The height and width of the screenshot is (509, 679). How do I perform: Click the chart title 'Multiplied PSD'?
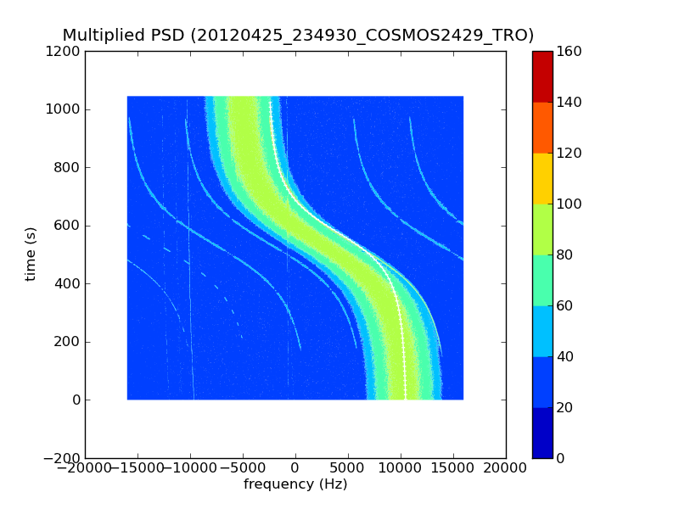[123, 36]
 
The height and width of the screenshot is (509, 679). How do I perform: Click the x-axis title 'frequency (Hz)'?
[295, 484]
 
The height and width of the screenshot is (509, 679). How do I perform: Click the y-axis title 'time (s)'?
[31, 254]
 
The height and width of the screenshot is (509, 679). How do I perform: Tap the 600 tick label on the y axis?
[67, 226]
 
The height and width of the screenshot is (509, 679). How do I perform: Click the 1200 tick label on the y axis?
[64, 52]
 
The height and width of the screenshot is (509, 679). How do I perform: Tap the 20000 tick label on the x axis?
[506, 469]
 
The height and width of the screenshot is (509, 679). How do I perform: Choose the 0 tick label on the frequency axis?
[295, 469]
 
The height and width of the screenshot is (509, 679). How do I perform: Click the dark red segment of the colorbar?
[542, 76]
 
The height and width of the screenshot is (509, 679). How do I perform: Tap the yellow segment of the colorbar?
[542, 178]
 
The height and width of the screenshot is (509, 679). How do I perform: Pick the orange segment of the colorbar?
[542, 127]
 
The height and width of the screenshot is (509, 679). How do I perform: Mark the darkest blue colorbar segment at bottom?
[542, 433]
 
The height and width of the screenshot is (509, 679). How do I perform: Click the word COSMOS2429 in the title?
[438, 36]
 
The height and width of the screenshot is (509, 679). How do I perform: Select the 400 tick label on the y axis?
[67, 284]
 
